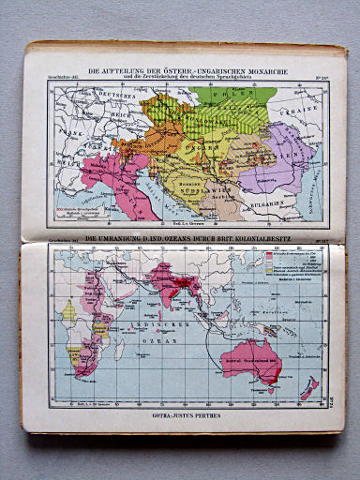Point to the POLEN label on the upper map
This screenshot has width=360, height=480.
[220, 97]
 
